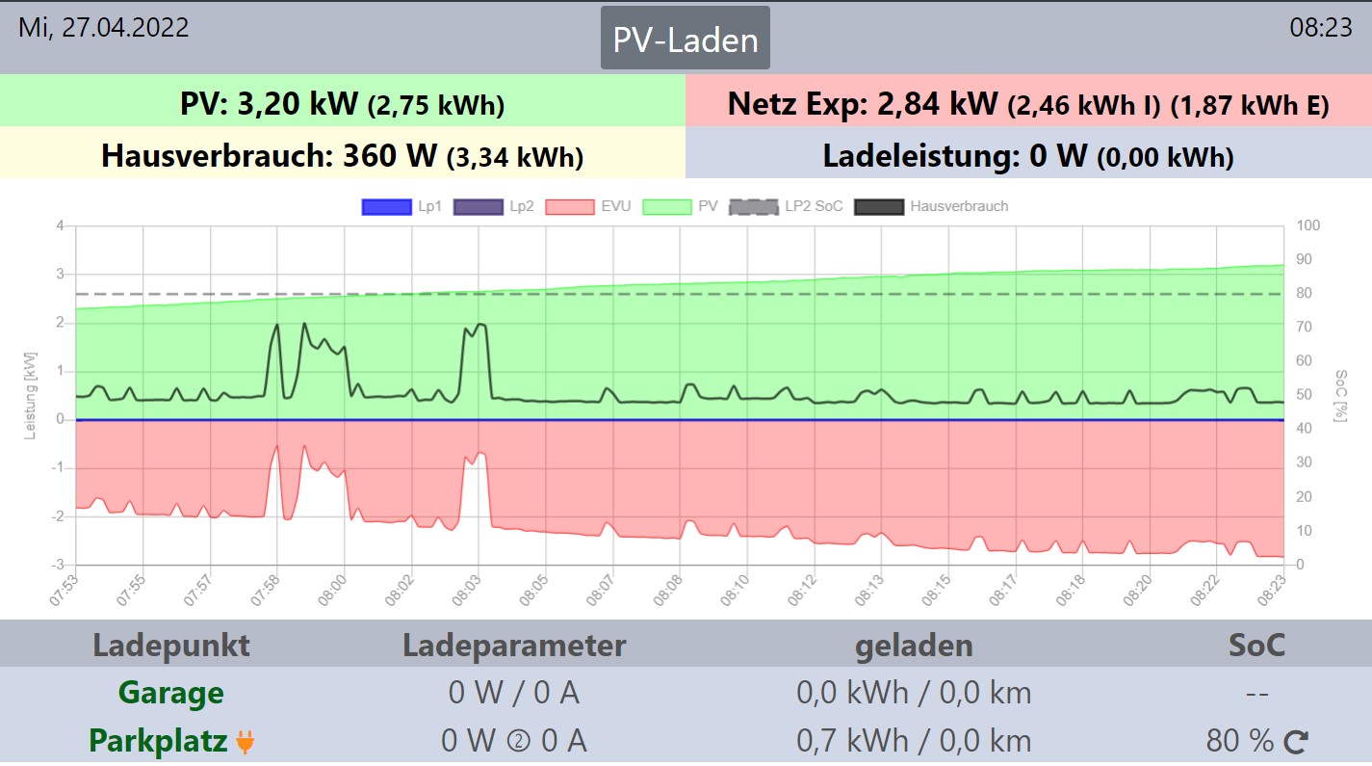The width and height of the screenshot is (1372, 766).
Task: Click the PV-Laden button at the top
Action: tap(686, 39)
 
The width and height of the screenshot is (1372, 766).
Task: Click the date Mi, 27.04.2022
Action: tap(104, 27)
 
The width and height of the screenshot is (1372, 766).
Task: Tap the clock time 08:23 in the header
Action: tap(1321, 27)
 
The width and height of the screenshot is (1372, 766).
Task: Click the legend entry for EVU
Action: tap(587, 206)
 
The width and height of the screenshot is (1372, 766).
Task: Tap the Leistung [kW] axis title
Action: tap(30, 396)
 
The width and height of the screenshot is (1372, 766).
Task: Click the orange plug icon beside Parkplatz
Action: tap(246, 742)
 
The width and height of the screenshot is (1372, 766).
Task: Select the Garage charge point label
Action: tap(170, 693)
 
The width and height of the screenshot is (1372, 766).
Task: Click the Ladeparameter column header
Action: tap(514, 645)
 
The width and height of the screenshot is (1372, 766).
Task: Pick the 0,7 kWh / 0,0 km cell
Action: tap(914, 741)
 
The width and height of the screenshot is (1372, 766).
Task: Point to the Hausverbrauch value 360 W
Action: tap(390, 155)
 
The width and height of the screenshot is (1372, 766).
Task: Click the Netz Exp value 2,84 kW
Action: tap(937, 103)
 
